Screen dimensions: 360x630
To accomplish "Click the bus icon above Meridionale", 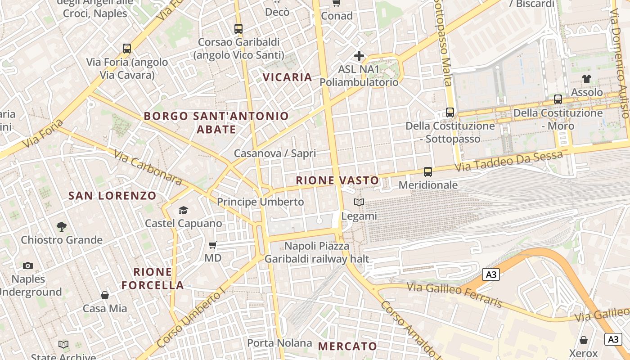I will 427,171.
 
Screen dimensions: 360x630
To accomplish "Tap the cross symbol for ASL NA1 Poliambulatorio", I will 359,56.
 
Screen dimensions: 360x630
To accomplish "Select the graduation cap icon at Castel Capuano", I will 183,210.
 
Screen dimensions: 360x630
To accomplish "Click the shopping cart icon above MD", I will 213,245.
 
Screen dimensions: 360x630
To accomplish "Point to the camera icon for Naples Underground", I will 28,265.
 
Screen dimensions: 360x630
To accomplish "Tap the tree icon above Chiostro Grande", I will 62,226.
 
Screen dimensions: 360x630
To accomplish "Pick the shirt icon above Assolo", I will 586,79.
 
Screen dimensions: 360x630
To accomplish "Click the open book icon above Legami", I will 359,202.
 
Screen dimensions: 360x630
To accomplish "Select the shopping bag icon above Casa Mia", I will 105,295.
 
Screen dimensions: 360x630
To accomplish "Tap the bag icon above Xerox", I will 583,340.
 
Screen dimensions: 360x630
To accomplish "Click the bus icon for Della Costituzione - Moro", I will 558,99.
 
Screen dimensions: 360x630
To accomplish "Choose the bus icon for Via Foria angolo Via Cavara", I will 127,49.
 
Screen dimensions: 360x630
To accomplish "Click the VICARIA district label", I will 288,77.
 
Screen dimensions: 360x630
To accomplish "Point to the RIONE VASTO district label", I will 337,180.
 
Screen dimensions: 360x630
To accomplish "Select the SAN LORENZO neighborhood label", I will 112,195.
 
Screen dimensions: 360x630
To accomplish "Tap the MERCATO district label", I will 347,346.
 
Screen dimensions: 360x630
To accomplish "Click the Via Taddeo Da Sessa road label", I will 509,161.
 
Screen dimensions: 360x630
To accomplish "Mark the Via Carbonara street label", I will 148,167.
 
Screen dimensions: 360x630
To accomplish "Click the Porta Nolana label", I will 279,343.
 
